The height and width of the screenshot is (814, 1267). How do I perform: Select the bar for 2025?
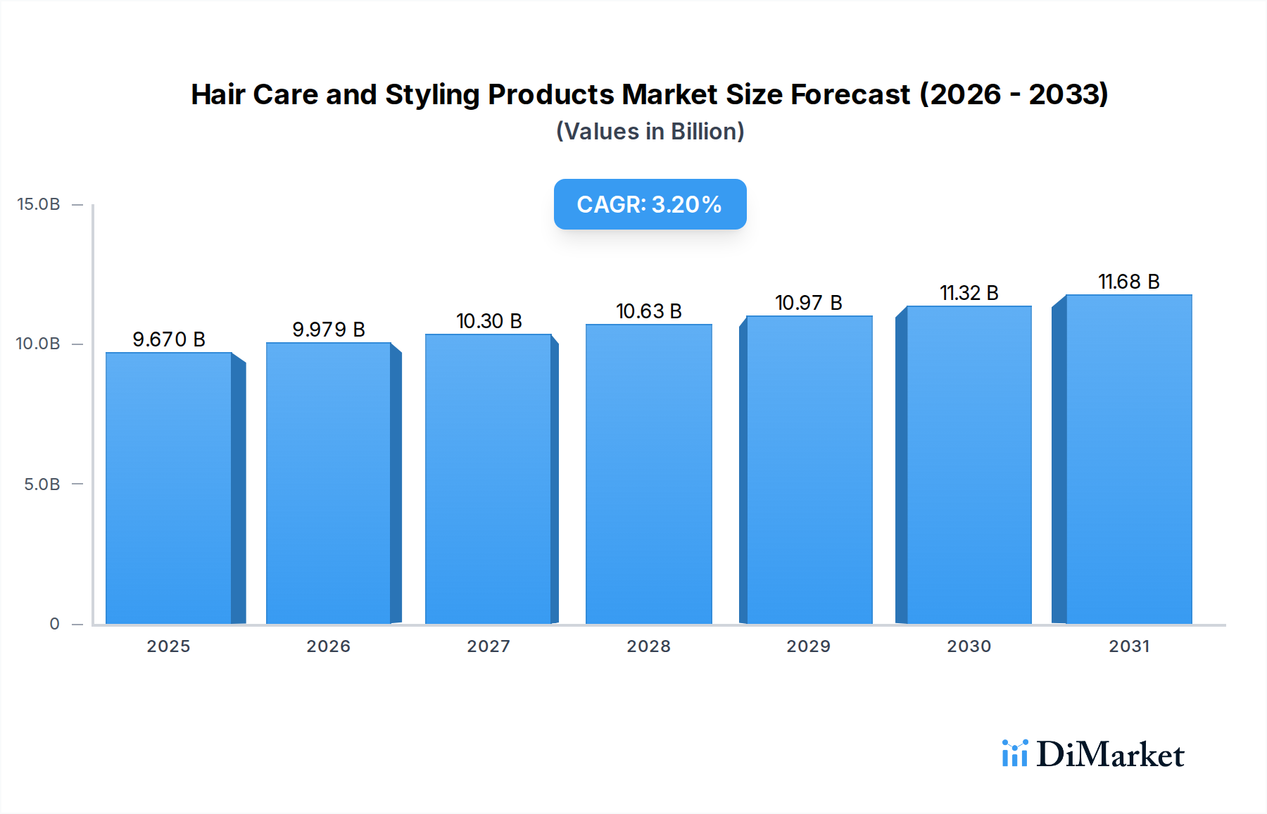169,487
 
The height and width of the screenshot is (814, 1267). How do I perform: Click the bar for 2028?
648,473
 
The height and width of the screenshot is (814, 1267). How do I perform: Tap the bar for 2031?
1128,459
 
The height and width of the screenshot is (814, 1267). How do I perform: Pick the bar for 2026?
328,483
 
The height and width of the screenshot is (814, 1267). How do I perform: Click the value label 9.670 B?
169,339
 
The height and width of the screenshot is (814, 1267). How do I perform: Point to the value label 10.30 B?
489,321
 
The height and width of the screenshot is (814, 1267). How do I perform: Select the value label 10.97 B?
809,303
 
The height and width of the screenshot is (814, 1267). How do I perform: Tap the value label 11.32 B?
969,293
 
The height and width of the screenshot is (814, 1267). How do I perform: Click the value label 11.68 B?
1129,282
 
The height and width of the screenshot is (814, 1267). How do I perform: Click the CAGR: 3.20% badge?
650,204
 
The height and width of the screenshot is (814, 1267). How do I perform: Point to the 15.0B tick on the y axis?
39,204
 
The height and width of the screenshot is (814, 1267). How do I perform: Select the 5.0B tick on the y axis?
42,484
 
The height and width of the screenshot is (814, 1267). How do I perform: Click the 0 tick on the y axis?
54,624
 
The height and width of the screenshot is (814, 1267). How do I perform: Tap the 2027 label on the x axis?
488,646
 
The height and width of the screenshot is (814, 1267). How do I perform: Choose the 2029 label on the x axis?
809,646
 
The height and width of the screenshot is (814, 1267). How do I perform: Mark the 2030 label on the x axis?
969,646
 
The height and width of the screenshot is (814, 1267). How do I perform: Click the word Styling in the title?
431,94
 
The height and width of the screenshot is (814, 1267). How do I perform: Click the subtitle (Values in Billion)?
650,132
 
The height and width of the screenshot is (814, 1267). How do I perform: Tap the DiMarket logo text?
1110,755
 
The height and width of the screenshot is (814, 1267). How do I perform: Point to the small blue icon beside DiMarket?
1014,753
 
